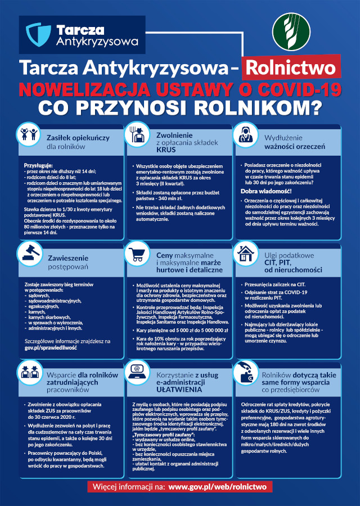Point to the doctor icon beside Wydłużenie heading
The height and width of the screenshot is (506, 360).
(x=245, y=135)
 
